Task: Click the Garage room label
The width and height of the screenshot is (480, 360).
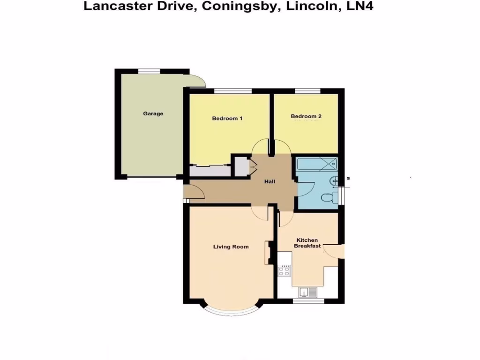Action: pyautogui.click(x=153, y=113)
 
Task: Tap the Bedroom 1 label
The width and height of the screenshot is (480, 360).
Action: pyautogui.click(x=227, y=118)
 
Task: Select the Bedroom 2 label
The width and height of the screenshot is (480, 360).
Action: pyautogui.click(x=306, y=116)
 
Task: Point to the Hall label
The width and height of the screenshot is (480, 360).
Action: pyautogui.click(x=270, y=182)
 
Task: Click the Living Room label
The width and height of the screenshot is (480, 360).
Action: pyautogui.click(x=231, y=247)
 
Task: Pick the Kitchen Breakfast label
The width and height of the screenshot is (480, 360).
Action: pyautogui.click(x=307, y=243)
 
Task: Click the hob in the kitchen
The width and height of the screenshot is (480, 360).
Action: pyautogui.click(x=285, y=270)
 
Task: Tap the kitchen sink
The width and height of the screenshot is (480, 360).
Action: pyautogui.click(x=309, y=292)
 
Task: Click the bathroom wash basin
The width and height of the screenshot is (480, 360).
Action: pyautogui.click(x=333, y=180)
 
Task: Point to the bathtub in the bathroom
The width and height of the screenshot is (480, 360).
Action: pyautogui.click(x=317, y=163)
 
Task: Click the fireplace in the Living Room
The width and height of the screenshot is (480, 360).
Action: pyautogui.click(x=270, y=252)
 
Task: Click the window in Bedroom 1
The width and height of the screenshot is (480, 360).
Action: pyautogui.click(x=233, y=90)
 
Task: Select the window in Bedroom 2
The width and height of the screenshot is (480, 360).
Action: pyautogui.click(x=307, y=90)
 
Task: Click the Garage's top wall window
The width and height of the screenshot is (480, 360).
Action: pyautogui.click(x=149, y=71)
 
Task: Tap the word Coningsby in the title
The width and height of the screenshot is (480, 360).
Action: pyautogui.click(x=239, y=7)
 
